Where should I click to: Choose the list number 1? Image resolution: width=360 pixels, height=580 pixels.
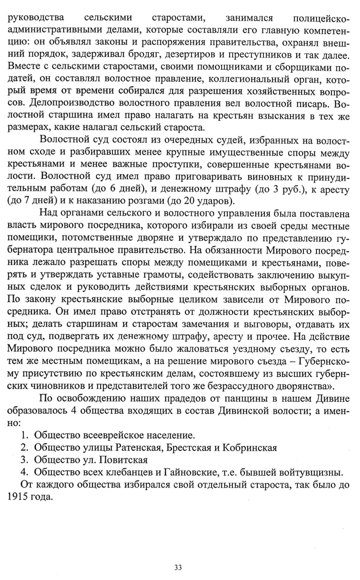pyautogui.click(x=24, y=434)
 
